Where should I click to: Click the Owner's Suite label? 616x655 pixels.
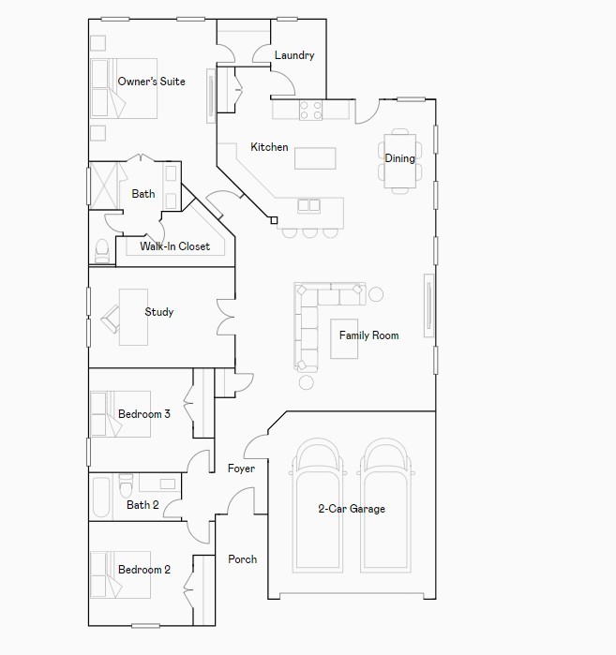pyautogui.click(x=151, y=82)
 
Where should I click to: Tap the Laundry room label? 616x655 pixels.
pyautogui.click(x=293, y=55)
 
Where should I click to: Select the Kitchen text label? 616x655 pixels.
pyautogui.click(x=269, y=147)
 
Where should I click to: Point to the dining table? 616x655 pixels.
pyautogui.click(x=399, y=159)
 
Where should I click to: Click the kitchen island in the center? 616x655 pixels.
pyautogui.click(x=315, y=158)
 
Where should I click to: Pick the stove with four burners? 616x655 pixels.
pyautogui.click(x=310, y=111)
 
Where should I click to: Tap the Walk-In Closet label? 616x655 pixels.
pyautogui.click(x=175, y=246)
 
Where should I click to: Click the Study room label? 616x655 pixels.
pyautogui.click(x=158, y=312)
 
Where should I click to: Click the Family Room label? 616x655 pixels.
pyautogui.click(x=368, y=335)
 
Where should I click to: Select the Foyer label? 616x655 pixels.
pyautogui.click(x=241, y=469)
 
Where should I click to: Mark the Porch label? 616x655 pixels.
pyautogui.click(x=242, y=559)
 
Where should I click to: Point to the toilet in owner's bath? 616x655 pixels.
pyautogui.click(x=101, y=249)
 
